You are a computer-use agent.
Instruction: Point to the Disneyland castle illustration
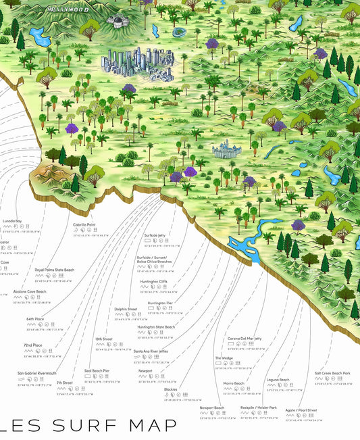(222, 150)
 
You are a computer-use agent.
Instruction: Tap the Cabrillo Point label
(84, 224)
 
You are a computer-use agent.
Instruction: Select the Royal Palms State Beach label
(55, 270)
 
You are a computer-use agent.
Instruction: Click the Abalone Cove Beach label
(30, 291)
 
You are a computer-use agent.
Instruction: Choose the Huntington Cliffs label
(154, 281)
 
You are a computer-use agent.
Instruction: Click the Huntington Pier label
(160, 303)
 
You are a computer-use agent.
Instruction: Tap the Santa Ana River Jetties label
(155, 351)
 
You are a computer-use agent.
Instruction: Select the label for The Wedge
(224, 358)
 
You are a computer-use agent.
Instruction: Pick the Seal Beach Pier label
(97, 370)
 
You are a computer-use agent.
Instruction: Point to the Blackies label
(171, 389)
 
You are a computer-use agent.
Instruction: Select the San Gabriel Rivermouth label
(37, 373)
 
